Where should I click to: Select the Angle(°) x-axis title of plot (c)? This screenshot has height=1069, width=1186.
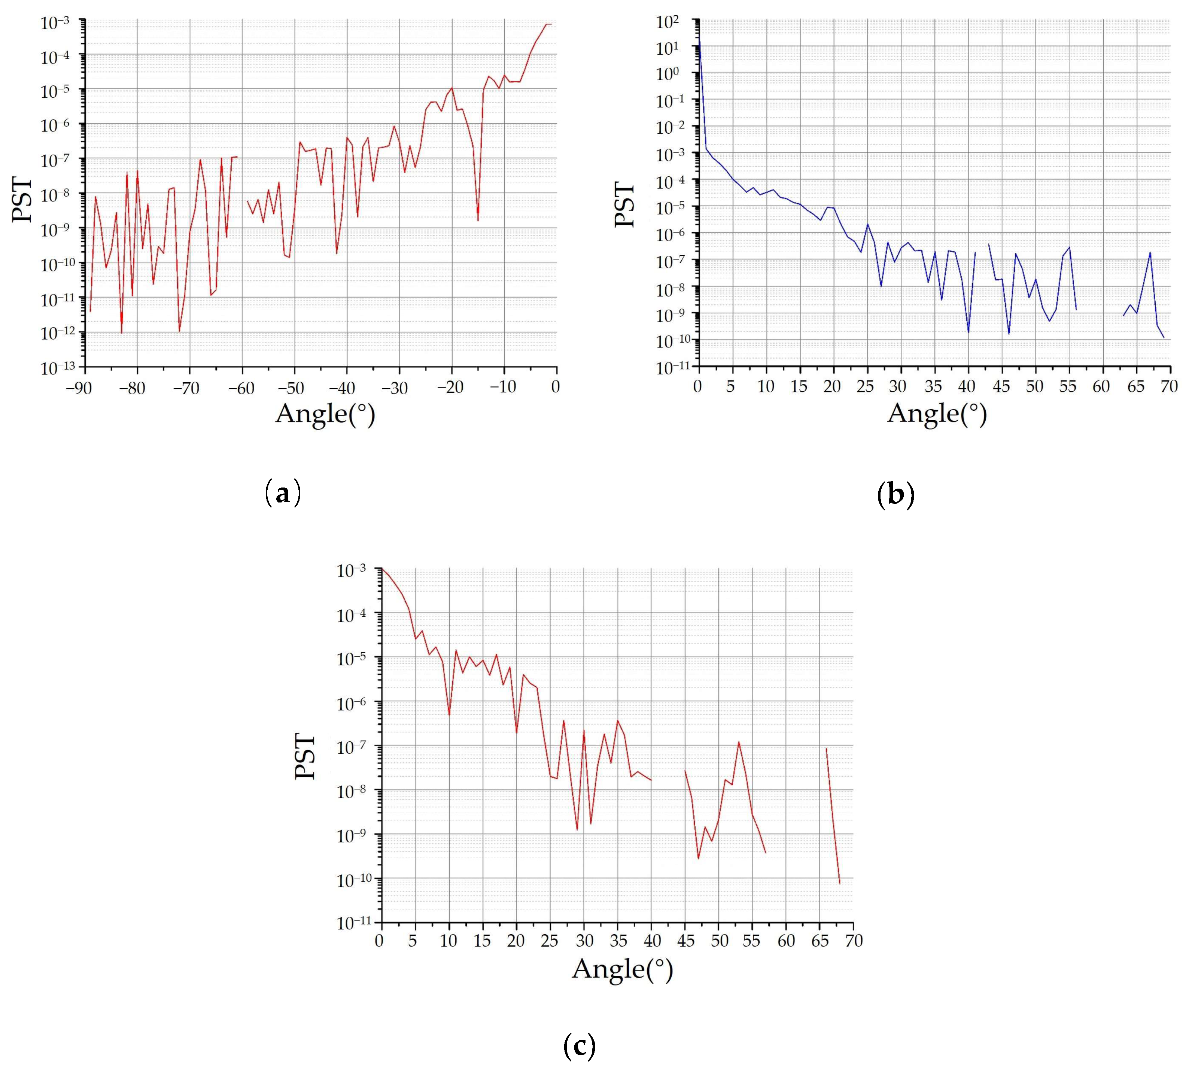click(x=622, y=969)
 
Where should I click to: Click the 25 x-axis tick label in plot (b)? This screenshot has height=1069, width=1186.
click(x=866, y=388)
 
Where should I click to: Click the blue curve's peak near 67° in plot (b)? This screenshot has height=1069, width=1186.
click(x=1150, y=253)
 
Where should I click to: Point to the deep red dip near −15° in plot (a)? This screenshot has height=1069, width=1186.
click(x=478, y=220)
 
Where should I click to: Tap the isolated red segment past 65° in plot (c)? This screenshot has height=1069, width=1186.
click(x=833, y=816)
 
